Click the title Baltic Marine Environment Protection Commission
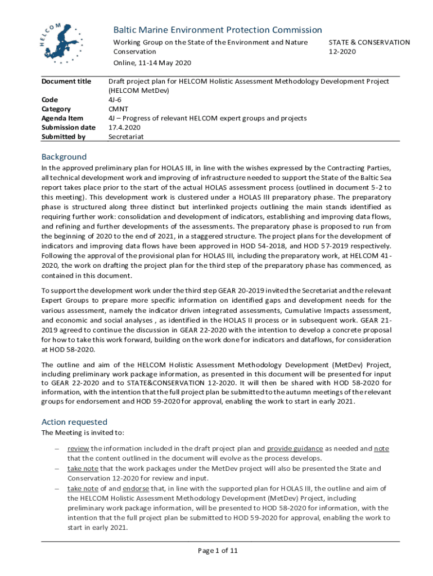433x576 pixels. (218, 30)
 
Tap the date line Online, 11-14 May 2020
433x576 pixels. (152, 62)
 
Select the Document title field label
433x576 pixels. (66, 82)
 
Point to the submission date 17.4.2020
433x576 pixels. (124, 127)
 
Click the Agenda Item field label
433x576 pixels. (62, 118)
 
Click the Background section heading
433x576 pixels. (64, 157)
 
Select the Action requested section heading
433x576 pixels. (74, 422)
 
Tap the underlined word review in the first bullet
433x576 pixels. (78, 448)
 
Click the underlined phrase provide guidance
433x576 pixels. (295, 448)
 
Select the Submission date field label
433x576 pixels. (69, 127)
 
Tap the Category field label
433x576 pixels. (56, 109)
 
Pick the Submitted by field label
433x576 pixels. (64, 136)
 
